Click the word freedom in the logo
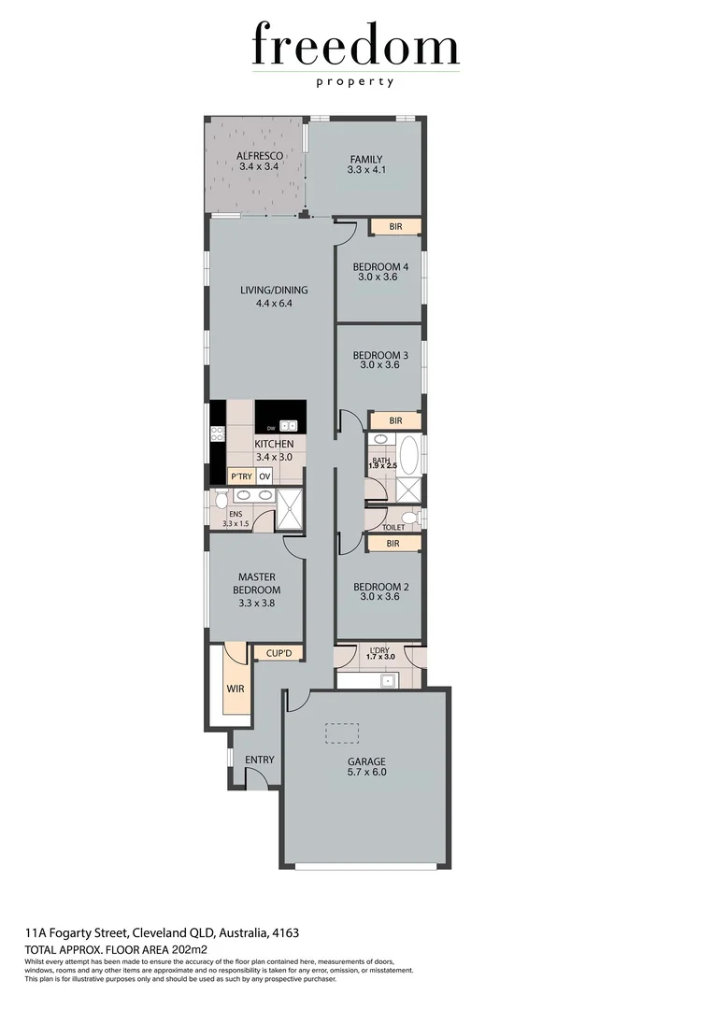click(355, 47)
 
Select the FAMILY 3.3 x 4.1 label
click(365, 164)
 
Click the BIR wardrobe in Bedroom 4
click(395, 227)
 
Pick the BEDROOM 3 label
click(379, 360)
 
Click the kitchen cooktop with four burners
click(217, 433)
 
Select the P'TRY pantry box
click(241, 476)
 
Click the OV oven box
click(264, 476)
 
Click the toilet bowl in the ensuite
click(221, 501)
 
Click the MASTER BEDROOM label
click(255, 584)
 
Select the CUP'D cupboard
click(279, 654)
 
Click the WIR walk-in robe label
click(234, 689)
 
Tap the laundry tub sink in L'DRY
click(385, 680)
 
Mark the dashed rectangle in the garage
click(340, 732)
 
